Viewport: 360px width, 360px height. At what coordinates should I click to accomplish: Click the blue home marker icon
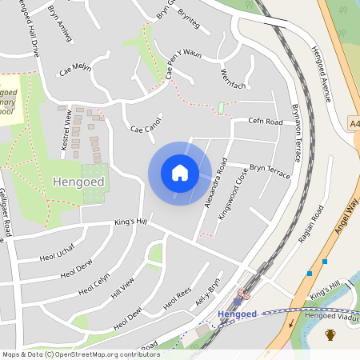click(180, 173)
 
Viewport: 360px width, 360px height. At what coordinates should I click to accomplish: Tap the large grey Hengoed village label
click(78, 182)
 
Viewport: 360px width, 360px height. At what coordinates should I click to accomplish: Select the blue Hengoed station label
click(237, 314)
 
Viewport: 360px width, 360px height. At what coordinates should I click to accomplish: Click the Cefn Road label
click(266, 122)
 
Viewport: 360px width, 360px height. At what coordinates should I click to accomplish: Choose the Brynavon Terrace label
click(295, 132)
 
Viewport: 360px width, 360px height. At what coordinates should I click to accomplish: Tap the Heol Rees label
click(177, 301)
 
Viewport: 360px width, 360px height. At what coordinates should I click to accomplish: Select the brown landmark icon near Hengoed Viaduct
click(330, 334)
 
